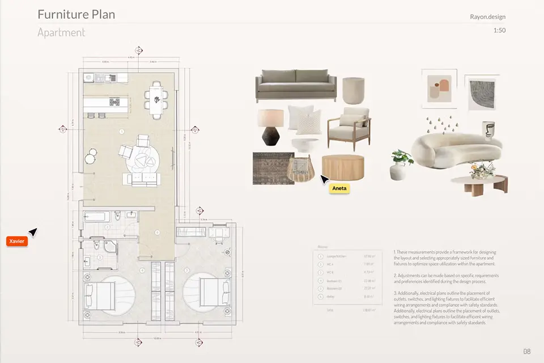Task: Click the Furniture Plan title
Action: tap(76, 14)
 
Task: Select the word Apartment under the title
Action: tap(61, 32)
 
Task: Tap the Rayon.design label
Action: tap(488, 17)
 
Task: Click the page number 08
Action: tap(526, 351)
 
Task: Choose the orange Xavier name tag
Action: tap(16, 242)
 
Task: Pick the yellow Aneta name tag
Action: tap(339, 188)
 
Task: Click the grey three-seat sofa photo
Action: tap(295, 85)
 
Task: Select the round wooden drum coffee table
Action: tap(342, 168)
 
